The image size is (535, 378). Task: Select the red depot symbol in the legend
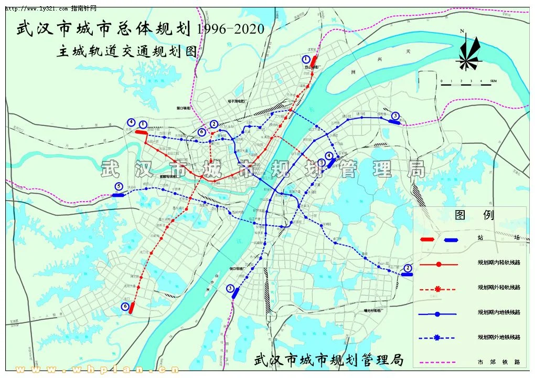427,239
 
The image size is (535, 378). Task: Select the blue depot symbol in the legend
451,239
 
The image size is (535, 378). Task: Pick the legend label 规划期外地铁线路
498,337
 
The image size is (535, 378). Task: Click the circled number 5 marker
119,186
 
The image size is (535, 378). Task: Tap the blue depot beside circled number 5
119,195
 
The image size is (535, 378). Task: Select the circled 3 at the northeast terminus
395,115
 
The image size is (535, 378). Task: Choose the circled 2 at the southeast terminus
408,268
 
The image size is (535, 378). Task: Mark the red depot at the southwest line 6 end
132,307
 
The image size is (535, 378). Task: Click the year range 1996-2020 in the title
231,28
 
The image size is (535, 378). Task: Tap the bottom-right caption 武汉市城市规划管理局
329,360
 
